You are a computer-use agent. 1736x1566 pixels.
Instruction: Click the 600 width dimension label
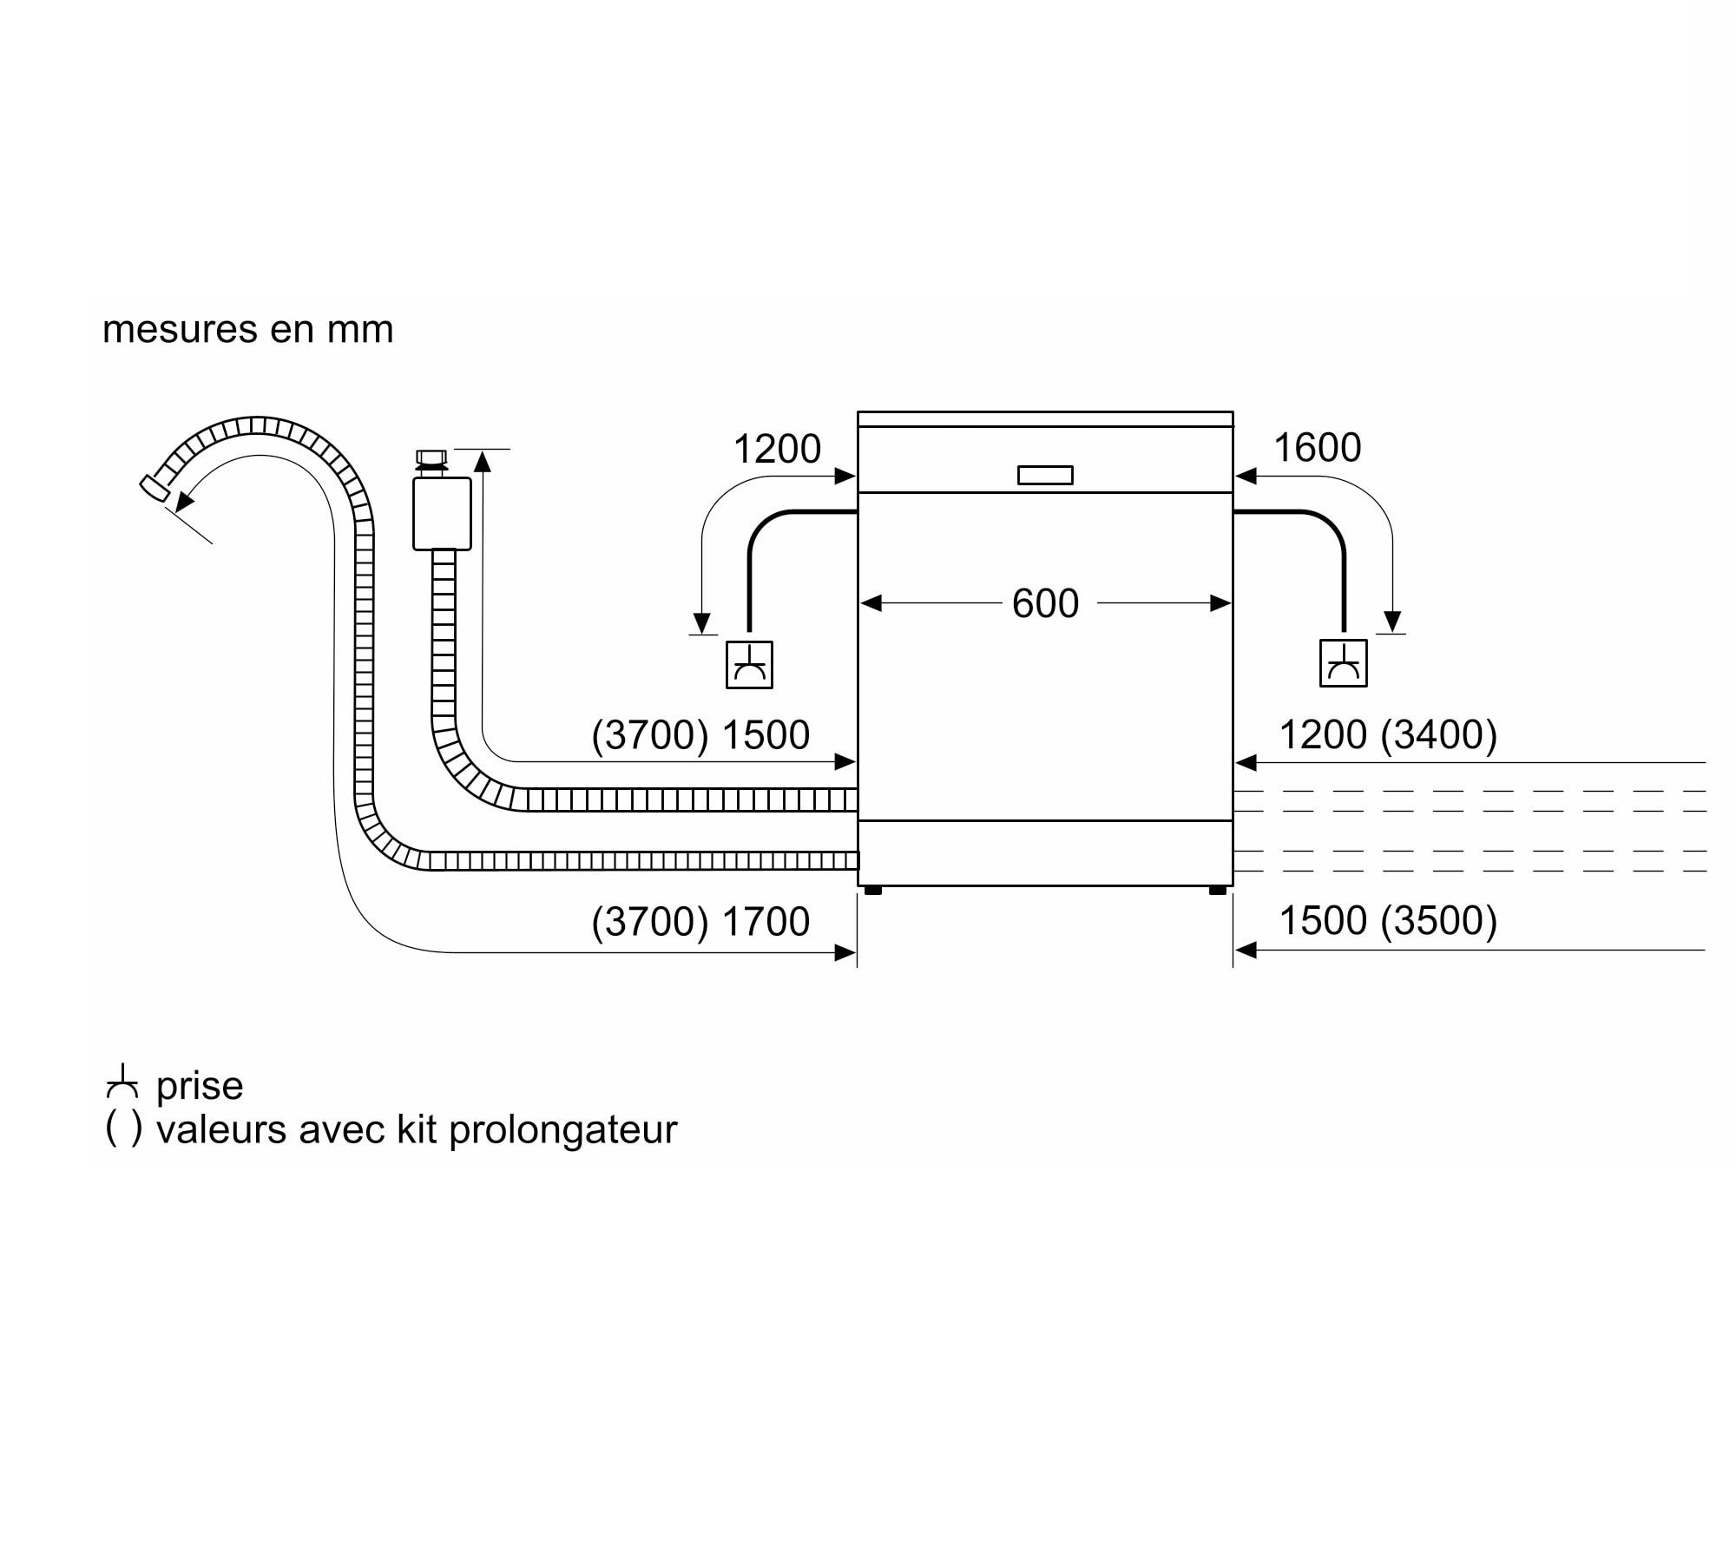[x=1045, y=603]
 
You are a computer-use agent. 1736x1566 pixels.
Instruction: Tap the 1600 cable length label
[x=1317, y=448]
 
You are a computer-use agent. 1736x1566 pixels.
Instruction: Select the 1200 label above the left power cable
[x=777, y=449]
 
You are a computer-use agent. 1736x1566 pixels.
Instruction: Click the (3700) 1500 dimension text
[x=700, y=735]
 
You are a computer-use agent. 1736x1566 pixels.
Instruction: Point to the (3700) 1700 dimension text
[x=700, y=921]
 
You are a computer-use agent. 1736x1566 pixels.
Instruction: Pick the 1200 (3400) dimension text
[x=1389, y=734]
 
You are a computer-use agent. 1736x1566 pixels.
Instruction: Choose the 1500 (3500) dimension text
[x=1389, y=920]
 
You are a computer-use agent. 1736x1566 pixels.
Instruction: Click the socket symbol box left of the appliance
[x=749, y=665]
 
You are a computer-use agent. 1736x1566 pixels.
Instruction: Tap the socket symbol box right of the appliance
[x=1344, y=663]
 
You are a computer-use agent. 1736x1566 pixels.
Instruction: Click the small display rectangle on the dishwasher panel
[x=1045, y=475]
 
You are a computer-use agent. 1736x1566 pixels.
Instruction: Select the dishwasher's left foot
[x=873, y=890]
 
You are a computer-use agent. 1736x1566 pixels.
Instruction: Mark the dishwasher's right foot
[x=1218, y=890]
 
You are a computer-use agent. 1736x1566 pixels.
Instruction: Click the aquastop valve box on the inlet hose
[x=442, y=513]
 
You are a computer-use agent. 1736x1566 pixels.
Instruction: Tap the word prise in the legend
[x=200, y=1086]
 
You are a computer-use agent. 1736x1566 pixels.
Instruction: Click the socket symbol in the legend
[x=122, y=1081]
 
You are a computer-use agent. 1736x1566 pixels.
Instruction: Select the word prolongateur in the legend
[x=563, y=1130]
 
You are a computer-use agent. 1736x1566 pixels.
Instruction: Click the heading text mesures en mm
[x=248, y=330]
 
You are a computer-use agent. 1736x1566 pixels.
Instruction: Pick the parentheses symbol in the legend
[x=123, y=1128]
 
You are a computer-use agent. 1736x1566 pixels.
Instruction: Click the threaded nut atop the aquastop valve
[x=431, y=458]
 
